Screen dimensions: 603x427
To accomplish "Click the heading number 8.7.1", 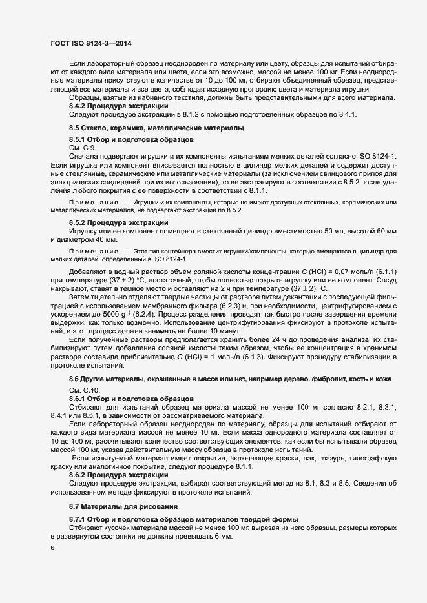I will click(79, 520).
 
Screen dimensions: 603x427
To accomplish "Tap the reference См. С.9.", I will click(81, 148).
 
